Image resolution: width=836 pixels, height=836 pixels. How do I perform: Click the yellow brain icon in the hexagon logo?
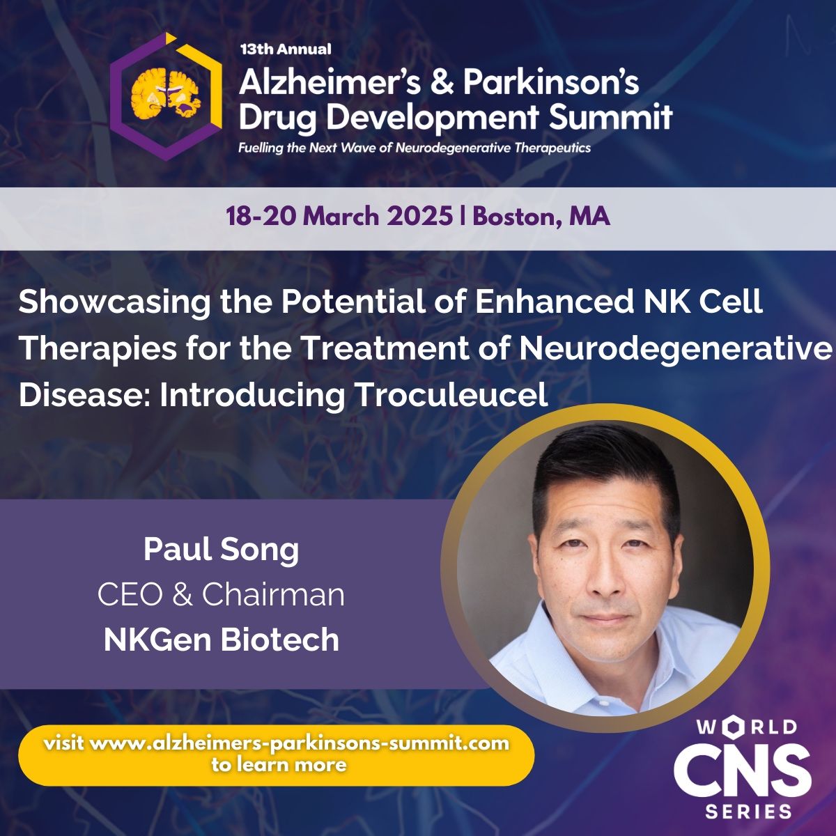click(x=167, y=93)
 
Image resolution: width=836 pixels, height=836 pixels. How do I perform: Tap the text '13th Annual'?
click(x=285, y=49)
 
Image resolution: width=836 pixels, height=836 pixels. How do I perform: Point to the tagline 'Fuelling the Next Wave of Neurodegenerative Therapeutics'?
click(x=415, y=148)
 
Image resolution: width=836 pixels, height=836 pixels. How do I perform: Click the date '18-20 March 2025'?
click(x=339, y=217)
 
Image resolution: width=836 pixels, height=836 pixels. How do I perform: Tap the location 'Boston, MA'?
click(x=541, y=217)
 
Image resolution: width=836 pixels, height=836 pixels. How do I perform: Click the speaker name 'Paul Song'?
click(x=221, y=549)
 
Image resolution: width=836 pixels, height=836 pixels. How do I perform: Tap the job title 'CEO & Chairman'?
click(x=221, y=594)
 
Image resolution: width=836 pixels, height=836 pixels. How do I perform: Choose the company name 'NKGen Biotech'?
click(x=221, y=640)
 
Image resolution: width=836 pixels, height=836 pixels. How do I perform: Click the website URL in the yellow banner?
click(x=277, y=743)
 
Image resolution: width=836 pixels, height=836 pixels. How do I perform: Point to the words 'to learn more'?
click(x=279, y=764)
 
